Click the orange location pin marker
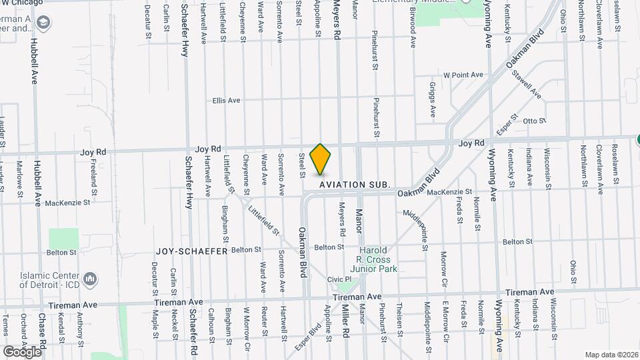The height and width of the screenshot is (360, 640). (x=321, y=159)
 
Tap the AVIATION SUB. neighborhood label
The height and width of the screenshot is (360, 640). (x=353, y=184)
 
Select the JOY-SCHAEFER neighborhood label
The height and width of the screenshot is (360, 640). (x=192, y=251)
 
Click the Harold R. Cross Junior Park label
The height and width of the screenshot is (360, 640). (x=377, y=259)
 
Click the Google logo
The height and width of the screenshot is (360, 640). (x=21, y=351)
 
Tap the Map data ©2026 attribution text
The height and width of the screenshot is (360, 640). (x=611, y=355)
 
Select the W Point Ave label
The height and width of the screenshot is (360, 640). (x=463, y=75)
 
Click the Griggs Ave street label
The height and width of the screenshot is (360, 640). (x=432, y=99)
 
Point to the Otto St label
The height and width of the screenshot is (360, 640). (x=534, y=121)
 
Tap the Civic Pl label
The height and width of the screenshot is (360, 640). (x=339, y=279)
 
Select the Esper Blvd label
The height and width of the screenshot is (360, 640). (x=314, y=336)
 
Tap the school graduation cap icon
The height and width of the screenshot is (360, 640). (x=43, y=24)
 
